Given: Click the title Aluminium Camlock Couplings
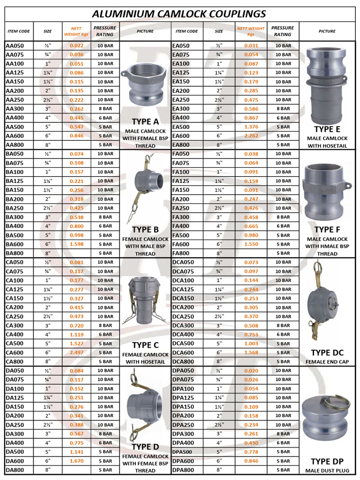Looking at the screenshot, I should [180, 14].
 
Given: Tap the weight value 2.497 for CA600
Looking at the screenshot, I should [77, 352].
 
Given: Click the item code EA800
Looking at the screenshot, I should [181, 145].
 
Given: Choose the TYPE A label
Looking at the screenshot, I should [145, 121].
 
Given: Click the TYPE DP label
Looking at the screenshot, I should [327, 461].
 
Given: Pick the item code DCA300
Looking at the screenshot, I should [183, 325].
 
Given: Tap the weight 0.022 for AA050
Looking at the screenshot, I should [77, 46].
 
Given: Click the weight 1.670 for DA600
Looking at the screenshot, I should [77, 461].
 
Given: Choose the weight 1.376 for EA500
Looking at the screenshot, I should [251, 127].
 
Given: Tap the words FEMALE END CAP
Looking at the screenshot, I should [327, 362].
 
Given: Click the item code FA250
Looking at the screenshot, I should [181, 208].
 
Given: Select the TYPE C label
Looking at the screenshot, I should [145, 345].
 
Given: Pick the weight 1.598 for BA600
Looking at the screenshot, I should [77, 244].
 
